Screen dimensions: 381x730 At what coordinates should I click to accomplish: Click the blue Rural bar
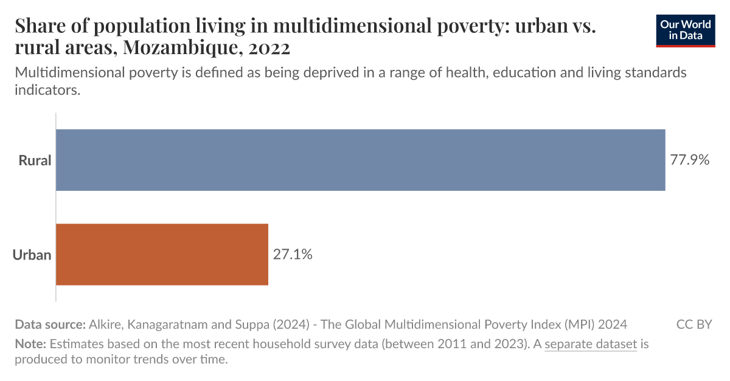coord(360,160)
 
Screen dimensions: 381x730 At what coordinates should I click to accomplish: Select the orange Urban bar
coord(162,254)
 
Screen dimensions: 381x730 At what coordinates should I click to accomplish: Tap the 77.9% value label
coord(690,160)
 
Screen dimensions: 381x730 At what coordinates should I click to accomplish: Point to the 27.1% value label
coord(293,255)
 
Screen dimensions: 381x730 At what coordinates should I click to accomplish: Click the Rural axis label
coord(35,161)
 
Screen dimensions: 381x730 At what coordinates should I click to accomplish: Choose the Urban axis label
coord(32,255)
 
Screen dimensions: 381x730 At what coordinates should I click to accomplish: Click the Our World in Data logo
coord(685,31)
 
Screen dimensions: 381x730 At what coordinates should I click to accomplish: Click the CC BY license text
coord(693,324)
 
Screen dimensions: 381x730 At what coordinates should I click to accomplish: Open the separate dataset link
coord(590,345)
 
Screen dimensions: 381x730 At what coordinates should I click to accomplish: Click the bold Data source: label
coord(50,324)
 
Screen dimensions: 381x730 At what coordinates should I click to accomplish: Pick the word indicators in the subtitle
coord(47,91)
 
